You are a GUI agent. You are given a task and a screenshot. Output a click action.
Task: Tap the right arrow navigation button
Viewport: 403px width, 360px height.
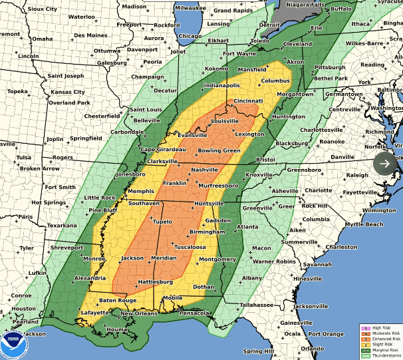pyautogui.click(x=386, y=163)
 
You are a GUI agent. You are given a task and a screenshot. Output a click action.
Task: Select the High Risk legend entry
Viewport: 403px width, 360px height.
pyautogui.click(x=380, y=327)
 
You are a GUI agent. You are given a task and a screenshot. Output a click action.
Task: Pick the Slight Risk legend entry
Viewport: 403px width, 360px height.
pyautogui.click(x=380, y=345)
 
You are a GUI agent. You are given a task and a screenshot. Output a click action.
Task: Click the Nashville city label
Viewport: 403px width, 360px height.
pyautogui.click(x=205, y=170)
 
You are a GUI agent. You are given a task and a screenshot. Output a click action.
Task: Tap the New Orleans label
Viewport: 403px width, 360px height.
pyautogui.click(x=138, y=313)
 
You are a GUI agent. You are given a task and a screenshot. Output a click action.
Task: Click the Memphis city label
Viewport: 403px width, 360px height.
pyautogui.click(x=142, y=190)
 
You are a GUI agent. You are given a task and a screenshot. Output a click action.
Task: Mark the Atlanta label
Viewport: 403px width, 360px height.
pyautogui.click(x=248, y=227)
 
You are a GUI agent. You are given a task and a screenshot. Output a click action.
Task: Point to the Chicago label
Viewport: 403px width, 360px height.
pyautogui.click(x=190, y=36)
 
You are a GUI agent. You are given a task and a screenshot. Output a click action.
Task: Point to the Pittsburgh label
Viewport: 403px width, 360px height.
pyautogui.click(x=330, y=67)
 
